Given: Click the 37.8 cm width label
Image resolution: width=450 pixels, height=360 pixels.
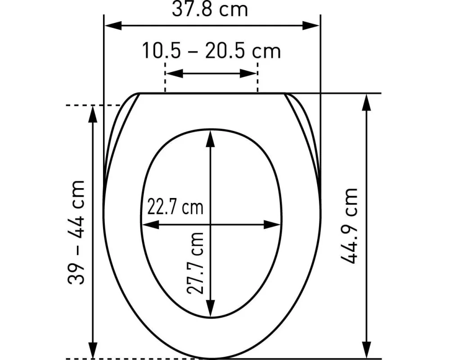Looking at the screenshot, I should click(210, 9).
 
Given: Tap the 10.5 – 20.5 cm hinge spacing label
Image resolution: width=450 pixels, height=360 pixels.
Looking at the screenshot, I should click(211, 50).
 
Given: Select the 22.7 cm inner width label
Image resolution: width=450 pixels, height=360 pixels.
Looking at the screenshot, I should click(175, 207).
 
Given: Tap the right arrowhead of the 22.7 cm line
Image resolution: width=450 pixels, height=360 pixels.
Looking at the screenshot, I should click(272, 225).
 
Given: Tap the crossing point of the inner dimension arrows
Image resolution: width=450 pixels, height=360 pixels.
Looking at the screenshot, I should click(210, 225).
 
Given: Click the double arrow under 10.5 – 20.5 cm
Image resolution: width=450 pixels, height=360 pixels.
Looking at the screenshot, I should click(211, 73).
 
